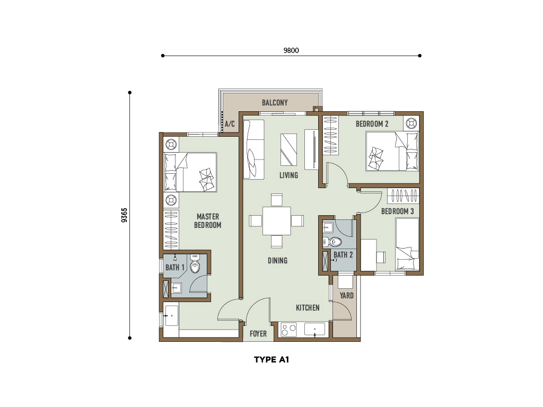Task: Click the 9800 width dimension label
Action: pos(291,50)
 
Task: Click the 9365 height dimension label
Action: pos(124,215)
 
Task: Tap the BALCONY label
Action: pos(275,102)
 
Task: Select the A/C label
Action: pos(230,123)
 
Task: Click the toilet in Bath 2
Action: pos(332,242)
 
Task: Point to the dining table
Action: pos(276,221)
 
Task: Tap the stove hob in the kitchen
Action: pos(288,330)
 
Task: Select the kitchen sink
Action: pos(314,330)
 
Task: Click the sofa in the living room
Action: pos(253,149)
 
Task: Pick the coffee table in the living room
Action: pos(288,149)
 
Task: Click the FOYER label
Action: pos(258,334)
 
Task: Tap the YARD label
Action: pos(346,296)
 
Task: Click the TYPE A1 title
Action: pos(271,360)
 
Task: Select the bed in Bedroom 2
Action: pos(392,151)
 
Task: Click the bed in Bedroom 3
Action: pos(407,244)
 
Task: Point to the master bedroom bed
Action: pos(190,172)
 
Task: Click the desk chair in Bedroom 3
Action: pos(381,257)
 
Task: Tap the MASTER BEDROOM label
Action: pos(208,221)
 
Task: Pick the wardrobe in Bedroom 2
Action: pos(330,135)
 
